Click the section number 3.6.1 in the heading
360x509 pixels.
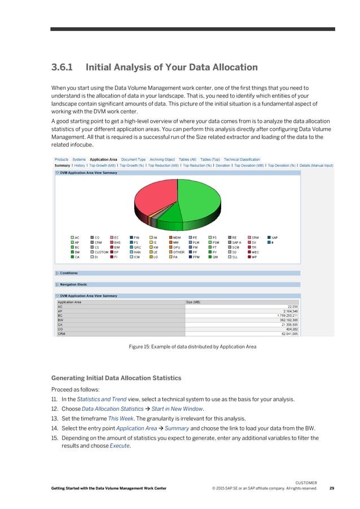pyautogui.click(x=63, y=68)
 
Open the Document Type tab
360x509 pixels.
pyautogui.click(x=133, y=160)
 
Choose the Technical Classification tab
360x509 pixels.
pyautogui.click(x=242, y=160)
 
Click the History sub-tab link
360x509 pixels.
pyautogui.click(x=79, y=165)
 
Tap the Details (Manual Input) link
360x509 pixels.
pyautogui.click(x=316, y=165)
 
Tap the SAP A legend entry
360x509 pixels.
pyautogui.click(x=237, y=242)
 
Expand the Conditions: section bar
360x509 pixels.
pyautogui.click(x=69, y=273)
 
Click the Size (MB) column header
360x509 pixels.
pyautogui.click(x=194, y=302)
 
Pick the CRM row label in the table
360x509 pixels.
pyautogui.click(x=62, y=334)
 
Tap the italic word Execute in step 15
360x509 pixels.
pyautogui.click(x=119, y=445)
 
